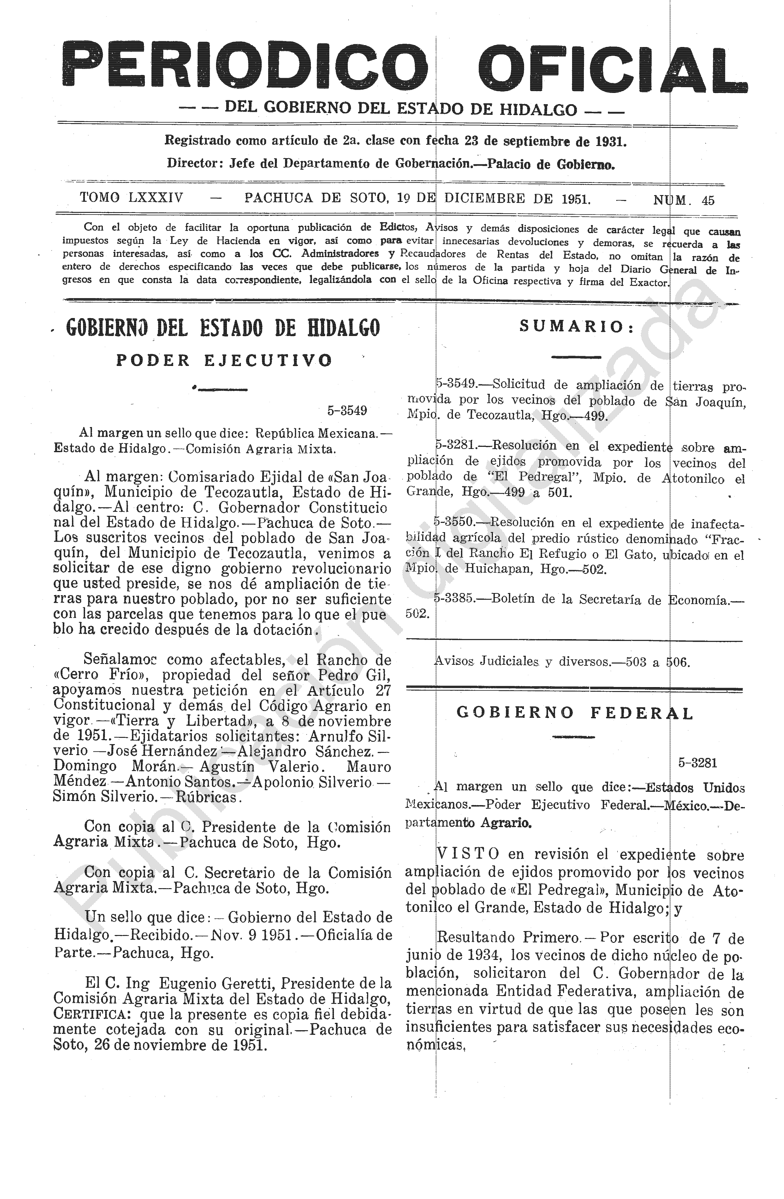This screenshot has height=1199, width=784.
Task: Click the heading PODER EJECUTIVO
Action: (x=224, y=360)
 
